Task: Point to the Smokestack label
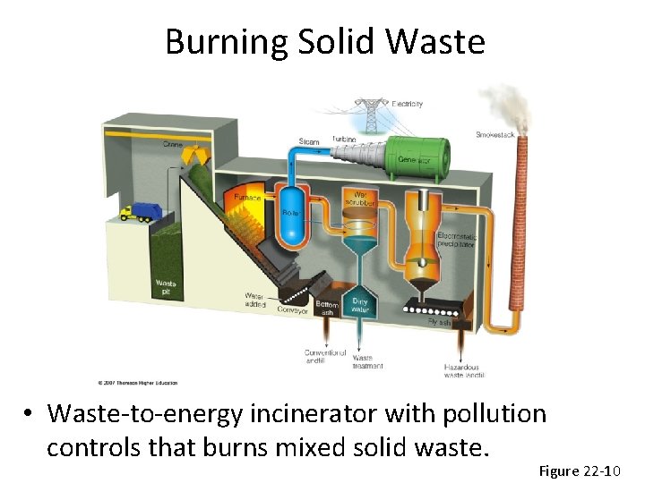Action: click(495, 134)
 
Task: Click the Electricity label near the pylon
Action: click(408, 104)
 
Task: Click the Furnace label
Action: click(247, 198)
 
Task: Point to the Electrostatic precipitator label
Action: click(457, 241)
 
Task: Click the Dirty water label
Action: click(360, 305)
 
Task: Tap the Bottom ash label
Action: click(326, 309)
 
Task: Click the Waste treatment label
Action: click(367, 361)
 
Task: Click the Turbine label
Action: click(343, 140)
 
